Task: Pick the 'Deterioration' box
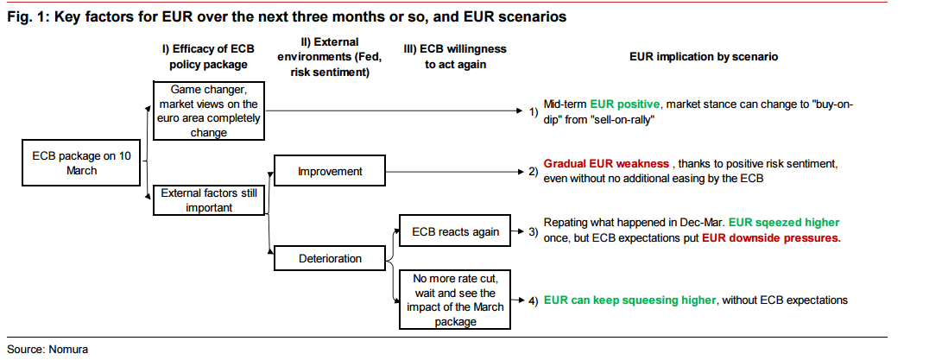(330, 257)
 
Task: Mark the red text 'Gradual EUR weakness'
(605, 163)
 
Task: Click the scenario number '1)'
(534, 112)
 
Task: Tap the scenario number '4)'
(534, 300)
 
